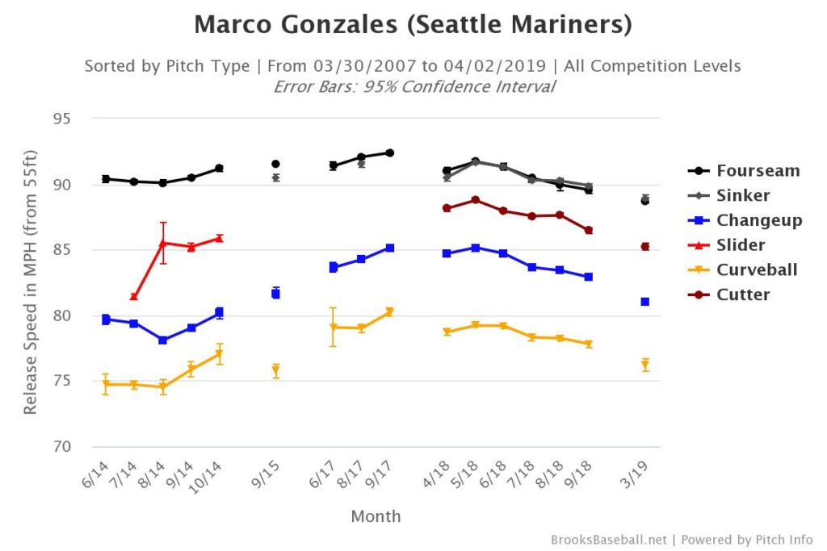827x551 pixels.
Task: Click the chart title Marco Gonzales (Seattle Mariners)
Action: coord(413,25)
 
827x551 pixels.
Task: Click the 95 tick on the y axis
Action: coord(61,119)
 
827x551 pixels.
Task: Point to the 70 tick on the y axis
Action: coord(61,447)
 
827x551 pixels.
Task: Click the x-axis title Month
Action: coord(376,516)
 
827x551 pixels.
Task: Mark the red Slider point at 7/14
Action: coord(134,297)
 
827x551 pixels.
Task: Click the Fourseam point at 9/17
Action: coord(389,152)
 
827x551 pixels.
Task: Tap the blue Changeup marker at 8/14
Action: coord(163,340)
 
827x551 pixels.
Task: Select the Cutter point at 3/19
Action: coord(645,247)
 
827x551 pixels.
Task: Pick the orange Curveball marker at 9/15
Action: coord(275,370)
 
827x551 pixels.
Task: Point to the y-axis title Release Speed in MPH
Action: coord(31,282)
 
